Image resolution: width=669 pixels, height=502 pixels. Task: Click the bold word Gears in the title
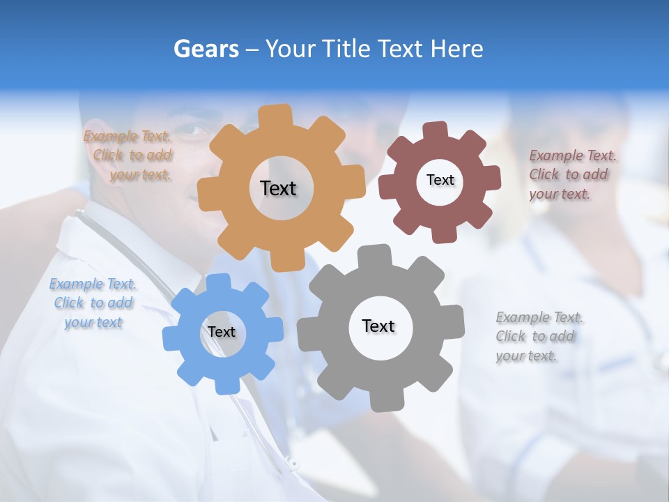click(x=206, y=49)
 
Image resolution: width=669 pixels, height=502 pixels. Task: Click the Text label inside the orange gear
click(x=278, y=188)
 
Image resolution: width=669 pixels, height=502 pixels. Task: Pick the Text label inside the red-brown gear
click(x=440, y=180)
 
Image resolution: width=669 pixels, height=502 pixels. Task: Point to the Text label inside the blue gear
click(x=222, y=332)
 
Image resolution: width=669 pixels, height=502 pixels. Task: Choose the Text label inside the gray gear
click(x=378, y=326)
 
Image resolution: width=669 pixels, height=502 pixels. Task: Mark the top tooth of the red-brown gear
click(x=436, y=130)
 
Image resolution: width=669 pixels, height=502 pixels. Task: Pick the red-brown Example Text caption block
click(x=571, y=174)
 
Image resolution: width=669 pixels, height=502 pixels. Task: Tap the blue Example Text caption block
click(x=93, y=303)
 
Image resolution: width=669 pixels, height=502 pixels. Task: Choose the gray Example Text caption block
click(x=539, y=336)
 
